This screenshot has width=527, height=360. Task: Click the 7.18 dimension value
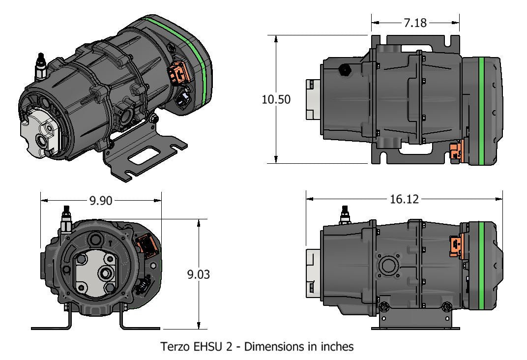pos(415,23)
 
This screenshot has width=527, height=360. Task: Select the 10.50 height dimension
pos(276,99)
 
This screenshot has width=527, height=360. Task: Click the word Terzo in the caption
pos(175,347)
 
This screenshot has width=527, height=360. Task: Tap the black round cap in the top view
pos(345,70)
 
